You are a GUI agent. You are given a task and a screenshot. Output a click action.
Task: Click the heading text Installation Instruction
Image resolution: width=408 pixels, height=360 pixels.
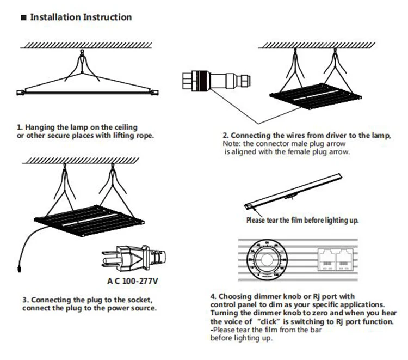pyautogui.click(x=81, y=17)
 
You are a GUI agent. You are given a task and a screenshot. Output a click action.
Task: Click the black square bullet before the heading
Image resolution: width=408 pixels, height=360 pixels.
pyautogui.click(x=23, y=17)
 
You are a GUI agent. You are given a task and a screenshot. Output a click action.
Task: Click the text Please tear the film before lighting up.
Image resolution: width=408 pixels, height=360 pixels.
pyautogui.click(x=302, y=221)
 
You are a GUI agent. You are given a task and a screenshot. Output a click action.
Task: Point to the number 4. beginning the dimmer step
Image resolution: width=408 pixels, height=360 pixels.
pyautogui.click(x=213, y=296)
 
